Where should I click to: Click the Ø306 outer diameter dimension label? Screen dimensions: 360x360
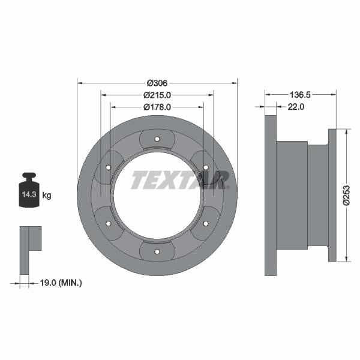click(157, 83)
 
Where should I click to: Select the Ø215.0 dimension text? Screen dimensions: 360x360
click(157, 95)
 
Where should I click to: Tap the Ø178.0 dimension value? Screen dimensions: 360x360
click(157, 107)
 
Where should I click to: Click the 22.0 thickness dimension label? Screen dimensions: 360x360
click(296, 107)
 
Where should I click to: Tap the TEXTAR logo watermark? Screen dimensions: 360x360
click(180, 179)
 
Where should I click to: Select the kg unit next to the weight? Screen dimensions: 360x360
click(47, 195)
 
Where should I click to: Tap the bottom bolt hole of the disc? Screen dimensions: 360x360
click(157, 251)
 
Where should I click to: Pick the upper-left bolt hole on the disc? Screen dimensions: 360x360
click(109, 167)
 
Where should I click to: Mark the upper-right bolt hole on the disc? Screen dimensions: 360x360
click(205, 167)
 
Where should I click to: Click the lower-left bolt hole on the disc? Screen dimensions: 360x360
click(109, 223)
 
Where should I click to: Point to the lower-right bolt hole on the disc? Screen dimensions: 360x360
click(205, 223)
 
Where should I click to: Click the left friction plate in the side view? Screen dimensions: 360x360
click(271, 195)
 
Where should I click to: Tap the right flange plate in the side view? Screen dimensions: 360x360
click(332, 195)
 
